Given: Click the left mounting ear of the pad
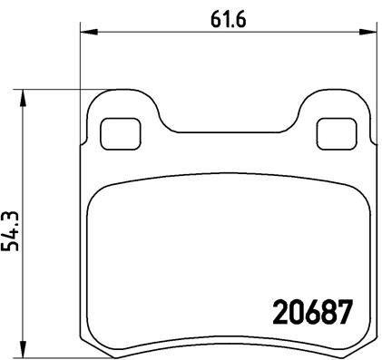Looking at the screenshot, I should [x=118, y=113].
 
